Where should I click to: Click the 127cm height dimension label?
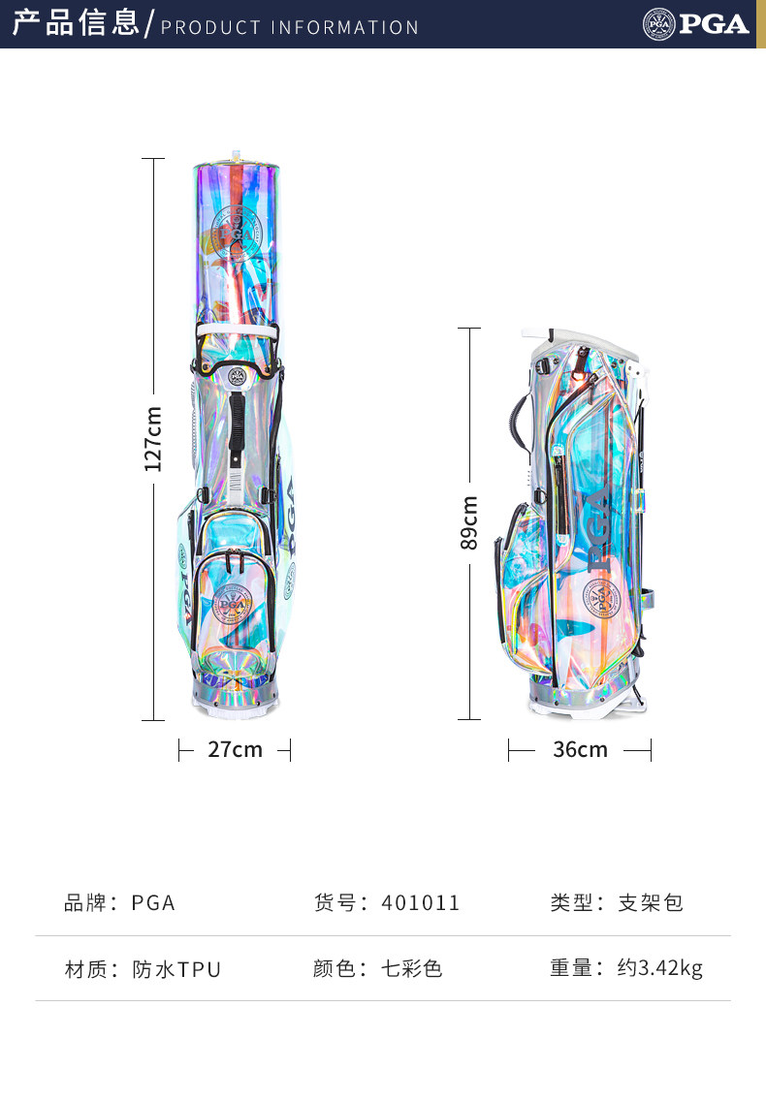153,439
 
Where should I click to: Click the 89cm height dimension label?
469,523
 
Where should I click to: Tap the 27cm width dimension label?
235,749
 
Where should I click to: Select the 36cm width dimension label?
580,749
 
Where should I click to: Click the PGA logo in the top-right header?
695,24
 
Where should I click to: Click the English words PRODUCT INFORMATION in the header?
290,27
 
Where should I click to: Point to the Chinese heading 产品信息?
76,23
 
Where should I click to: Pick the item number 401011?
421,903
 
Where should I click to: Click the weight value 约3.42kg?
660,968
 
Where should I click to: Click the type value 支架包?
651,903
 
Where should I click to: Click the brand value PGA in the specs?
153,903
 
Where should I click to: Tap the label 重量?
571,968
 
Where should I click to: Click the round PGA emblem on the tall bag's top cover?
235,233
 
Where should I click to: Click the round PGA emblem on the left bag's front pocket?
234,604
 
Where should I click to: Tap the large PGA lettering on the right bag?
598,528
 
